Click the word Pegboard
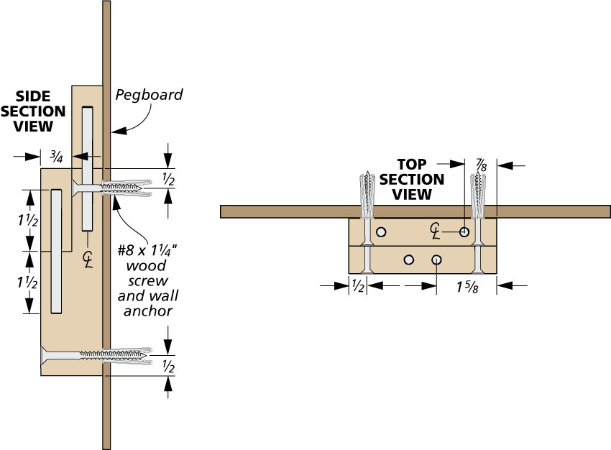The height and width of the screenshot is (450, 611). pos(150,95)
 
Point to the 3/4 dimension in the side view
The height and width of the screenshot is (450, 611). pos(56,155)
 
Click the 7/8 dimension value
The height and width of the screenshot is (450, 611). pos(481,165)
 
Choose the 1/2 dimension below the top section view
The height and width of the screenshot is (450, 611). pos(357,286)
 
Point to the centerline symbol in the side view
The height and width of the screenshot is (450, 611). pos(88,257)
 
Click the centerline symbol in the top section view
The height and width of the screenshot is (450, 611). pos(436,229)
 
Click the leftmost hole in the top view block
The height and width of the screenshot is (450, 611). pos(381,232)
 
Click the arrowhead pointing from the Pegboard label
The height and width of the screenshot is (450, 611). pos(116,132)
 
